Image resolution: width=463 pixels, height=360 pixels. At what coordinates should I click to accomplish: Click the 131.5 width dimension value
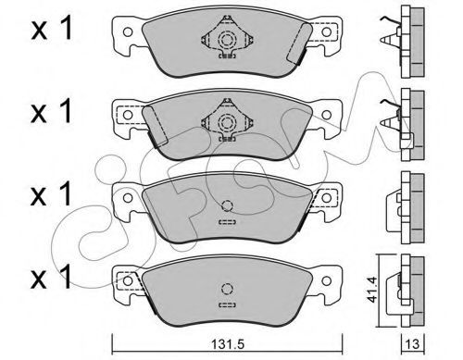pyautogui.click(x=227, y=344)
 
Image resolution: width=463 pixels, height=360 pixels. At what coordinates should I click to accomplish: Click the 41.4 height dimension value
pyautogui.click(x=371, y=290)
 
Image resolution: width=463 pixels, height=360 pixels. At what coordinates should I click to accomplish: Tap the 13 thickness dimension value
pyautogui.click(x=413, y=343)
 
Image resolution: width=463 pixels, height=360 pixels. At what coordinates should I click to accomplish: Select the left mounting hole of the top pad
pyautogui.click(x=128, y=31)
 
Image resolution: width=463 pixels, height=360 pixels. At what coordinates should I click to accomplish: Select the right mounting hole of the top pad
pyautogui.click(x=327, y=31)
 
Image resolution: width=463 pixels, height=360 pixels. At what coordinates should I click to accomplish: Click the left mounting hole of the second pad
pyautogui.click(x=128, y=115)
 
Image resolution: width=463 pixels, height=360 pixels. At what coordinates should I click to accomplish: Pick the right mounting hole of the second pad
pyautogui.click(x=327, y=115)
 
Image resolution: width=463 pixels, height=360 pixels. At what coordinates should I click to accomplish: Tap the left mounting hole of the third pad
pyautogui.click(x=128, y=197)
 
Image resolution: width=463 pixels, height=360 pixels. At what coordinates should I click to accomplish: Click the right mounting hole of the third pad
pyautogui.click(x=327, y=197)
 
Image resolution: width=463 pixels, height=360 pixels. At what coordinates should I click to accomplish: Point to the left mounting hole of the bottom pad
pyautogui.click(x=128, y=280)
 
